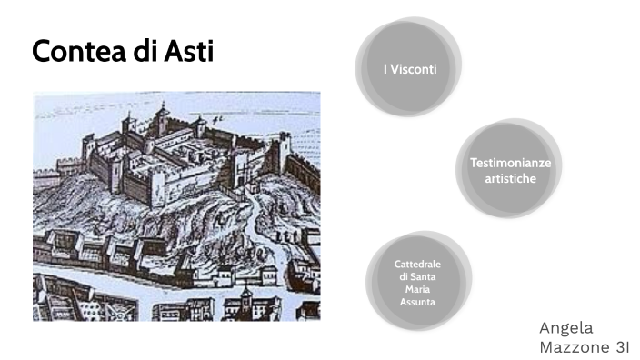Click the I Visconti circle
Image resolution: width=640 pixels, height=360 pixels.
pos(408,68)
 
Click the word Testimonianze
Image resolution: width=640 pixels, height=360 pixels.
pos(509,163)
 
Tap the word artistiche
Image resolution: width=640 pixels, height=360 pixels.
pos(509,179)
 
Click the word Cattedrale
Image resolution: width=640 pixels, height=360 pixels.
pos(417,265)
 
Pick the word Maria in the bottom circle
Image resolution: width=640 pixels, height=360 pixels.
pos(417,289)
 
